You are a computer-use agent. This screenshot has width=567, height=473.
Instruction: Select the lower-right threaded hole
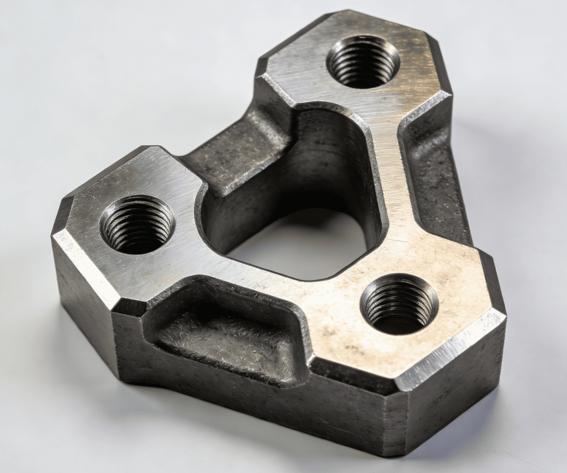click(399, 303)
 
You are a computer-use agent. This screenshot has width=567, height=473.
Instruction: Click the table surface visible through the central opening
click(302, 246)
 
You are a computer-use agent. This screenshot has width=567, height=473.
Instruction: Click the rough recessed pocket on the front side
click(222, 336)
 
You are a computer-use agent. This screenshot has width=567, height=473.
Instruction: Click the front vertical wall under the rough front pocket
click(265, 407)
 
